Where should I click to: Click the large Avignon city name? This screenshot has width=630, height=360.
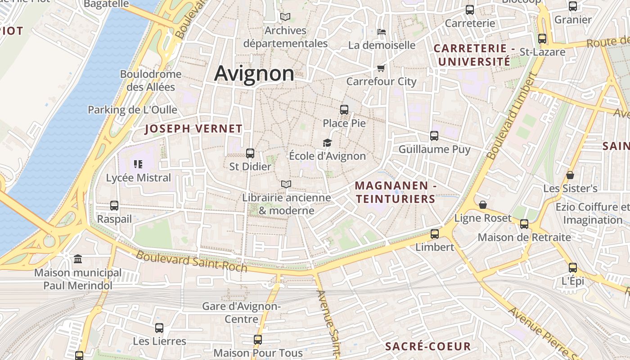pos(254,73)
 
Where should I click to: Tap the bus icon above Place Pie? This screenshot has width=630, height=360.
pos(344,109)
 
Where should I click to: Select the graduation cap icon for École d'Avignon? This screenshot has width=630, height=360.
pos(327,143)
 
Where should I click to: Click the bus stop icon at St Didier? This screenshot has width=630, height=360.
pos(250,153)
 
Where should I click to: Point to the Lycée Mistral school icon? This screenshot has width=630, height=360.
pos(138,164)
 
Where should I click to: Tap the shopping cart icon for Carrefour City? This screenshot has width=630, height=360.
pos(381,68)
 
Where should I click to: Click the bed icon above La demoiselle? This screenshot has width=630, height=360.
pos(382,32)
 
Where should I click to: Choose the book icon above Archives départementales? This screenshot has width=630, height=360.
pos(285,17)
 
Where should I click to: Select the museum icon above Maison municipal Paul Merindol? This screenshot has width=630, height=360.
pos(78,259)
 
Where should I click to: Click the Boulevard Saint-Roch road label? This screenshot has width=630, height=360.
pos(192,261)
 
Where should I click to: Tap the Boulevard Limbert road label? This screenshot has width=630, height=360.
pos(512,116)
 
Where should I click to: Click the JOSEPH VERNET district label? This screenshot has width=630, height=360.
pos(193,129)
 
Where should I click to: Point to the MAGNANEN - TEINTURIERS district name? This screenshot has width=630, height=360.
pos(396,192)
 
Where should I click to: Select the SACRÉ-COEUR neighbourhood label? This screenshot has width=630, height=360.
pos(428,346)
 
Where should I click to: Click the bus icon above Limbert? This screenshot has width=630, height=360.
pos(434,234)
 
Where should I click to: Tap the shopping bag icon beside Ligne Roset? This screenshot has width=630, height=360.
pos(483,205)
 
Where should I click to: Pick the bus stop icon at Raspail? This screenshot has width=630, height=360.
pos(114,206)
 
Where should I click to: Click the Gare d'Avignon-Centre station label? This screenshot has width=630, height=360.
pos(241,313)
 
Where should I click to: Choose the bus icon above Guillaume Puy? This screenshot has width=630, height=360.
pos(434,135)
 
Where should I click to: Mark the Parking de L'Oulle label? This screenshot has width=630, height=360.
pos(132,110)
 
